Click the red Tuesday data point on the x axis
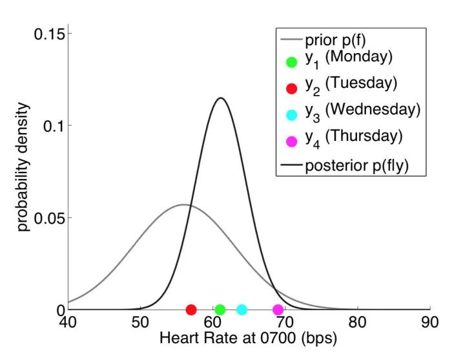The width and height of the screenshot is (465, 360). (191, 310)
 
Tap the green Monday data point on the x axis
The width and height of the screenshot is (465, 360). (220, 310)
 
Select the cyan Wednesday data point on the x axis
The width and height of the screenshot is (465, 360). (242, 310)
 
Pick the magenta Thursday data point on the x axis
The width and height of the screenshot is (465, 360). (278, 310)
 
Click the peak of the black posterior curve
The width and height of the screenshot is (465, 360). (221, 98)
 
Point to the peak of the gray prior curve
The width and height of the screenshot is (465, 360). (184, 205)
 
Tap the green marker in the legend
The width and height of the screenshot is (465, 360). (291, 62)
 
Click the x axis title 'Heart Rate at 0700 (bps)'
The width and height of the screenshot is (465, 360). (248, 338)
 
